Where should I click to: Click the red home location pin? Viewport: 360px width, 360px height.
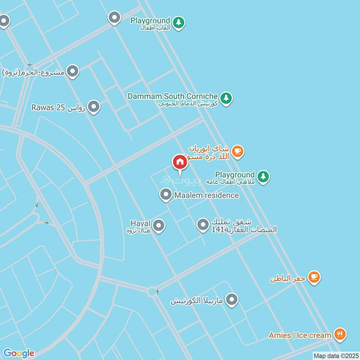pos(180,162)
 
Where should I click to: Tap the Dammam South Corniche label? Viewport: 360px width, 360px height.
pos(172,96)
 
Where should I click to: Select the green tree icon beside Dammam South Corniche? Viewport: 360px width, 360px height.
pos(226,98)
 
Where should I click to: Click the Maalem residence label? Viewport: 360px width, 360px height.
pos(207,195)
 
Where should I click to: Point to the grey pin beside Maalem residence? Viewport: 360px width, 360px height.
pos(166,195)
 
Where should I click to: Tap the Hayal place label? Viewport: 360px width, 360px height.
pos(140,223)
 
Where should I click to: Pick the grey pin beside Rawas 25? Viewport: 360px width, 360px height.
pos(94,107)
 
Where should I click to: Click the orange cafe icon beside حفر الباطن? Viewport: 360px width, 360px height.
pos(314,278)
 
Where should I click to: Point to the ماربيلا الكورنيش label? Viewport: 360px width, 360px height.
pos(197,301)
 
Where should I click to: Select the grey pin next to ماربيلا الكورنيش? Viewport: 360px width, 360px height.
pos(232,299)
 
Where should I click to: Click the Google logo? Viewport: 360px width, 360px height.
pos(19,353)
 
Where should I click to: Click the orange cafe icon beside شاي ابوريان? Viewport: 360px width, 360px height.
pos(238,152)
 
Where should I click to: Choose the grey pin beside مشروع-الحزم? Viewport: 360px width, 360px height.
pos(73,71)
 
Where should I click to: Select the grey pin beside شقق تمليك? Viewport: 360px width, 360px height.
pos(203,224)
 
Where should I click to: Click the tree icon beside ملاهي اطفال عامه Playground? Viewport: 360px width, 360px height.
pos(263,177)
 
